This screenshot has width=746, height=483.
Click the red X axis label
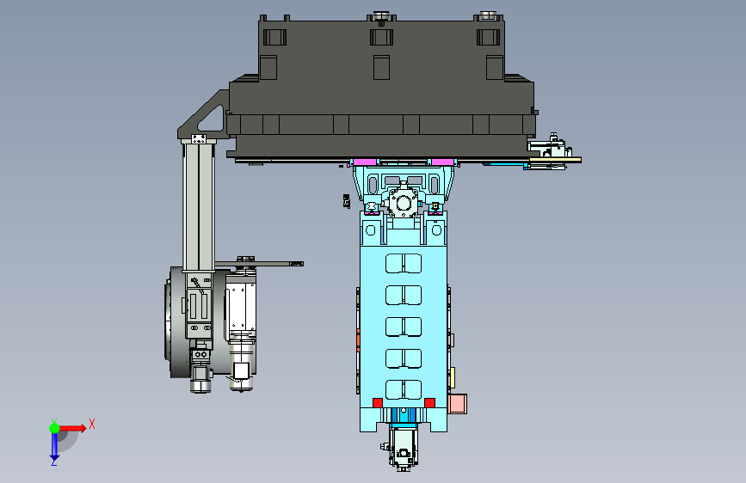[x=92, y=424]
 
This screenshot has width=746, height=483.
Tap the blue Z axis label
[x=54, y=462]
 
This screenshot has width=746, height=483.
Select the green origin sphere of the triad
[x=55, y=428]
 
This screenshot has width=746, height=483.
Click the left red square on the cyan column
[x=377, y=403]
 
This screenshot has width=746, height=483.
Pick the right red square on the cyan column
[x=429, y=403]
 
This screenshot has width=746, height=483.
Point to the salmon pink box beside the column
[x=458, y=404]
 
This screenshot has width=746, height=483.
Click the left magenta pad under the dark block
[x=365, y=162]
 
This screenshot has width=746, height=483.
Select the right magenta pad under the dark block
[x=442, y=162]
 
